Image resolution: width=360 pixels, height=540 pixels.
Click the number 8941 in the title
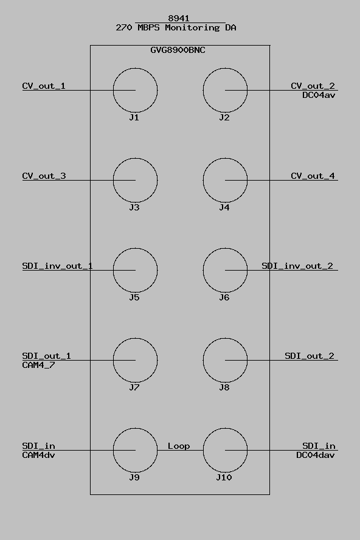click(178, 18)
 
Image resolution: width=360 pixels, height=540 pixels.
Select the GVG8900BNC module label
click(178, 50)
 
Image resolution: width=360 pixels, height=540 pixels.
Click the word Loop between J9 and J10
click(179, 446)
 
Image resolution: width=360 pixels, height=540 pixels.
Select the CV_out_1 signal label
click(44, 86)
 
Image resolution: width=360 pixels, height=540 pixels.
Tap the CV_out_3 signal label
click(44, 176)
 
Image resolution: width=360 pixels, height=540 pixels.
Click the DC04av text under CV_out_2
click(319, 95)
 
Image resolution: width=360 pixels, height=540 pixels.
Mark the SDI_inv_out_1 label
click(57, 266)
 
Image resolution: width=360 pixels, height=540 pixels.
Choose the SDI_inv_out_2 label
click(297, 266)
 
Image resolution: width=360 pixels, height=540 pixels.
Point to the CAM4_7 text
click(38, 365)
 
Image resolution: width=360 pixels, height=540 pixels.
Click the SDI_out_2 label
click(310, 356)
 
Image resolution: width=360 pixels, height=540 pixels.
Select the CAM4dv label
click(38, 455)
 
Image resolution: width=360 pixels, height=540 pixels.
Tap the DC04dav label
click(316, 455)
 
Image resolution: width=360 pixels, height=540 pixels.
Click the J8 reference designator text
click(224, 387)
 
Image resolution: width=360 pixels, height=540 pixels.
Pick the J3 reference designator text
click(134, 207)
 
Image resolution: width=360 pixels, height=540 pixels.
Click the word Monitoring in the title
click(192, 27)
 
